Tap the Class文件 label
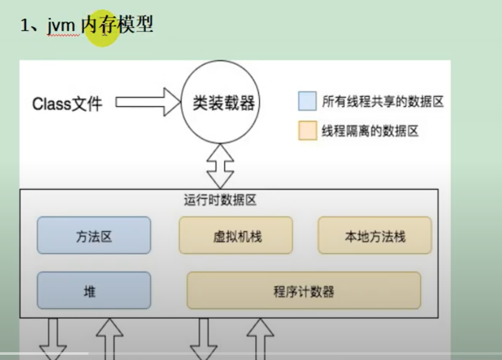click(x=67, y=104)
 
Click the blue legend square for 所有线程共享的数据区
click(x=307, y=102)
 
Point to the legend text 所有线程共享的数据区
click(x=383, y=102)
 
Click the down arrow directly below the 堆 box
click(x=54, y=338)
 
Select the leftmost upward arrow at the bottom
click(x=109, y=338)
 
